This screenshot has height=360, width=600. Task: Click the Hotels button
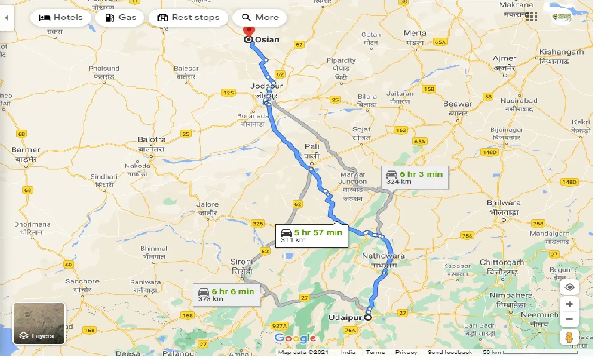60,18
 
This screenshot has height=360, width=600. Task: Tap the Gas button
121,18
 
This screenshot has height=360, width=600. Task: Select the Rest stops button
188,18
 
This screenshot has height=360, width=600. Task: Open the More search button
260,18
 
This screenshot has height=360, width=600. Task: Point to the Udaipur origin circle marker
368,317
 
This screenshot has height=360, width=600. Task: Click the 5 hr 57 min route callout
311,236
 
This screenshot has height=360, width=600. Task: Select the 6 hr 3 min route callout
414,177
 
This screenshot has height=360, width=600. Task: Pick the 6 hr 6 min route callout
226,295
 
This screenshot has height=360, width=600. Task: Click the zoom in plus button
569,304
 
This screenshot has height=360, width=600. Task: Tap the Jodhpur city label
267,86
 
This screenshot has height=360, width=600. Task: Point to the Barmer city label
26,150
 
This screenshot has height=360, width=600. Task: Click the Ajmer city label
505,59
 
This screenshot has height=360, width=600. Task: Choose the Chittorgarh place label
502,263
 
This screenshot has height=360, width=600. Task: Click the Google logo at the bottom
295,338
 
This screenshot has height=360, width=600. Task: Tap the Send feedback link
450,353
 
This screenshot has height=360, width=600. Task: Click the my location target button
569,287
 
